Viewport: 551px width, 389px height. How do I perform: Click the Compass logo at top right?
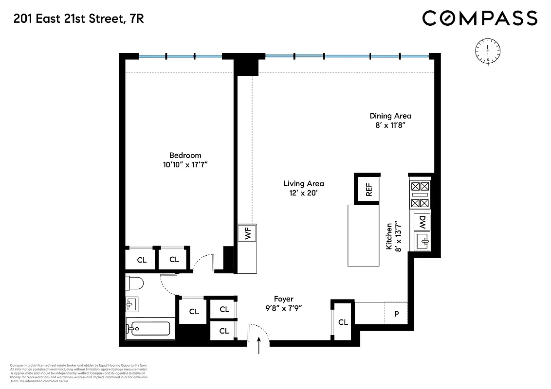[x=479, y=18]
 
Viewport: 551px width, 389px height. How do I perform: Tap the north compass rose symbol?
[x=488, y=51]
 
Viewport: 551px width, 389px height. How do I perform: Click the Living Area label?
[x=303, y=184]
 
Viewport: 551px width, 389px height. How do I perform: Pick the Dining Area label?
[x=390, y=116]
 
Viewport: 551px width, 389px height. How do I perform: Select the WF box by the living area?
[x=247, y=234]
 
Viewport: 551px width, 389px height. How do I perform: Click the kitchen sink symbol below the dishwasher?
[x=422, y=241]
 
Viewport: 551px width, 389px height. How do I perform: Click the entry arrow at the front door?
[x=259, y=346]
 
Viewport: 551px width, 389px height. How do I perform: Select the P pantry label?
[x=396, y=314]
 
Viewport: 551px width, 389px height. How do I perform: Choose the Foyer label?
[x=284, y=299]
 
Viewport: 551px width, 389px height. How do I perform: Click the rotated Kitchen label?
[x=389, y=236]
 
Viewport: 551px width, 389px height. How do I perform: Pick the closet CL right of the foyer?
[x=343, y=322]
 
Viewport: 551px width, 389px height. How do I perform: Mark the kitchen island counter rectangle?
[x=363, y=235]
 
